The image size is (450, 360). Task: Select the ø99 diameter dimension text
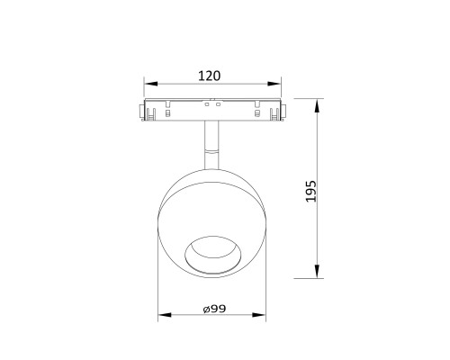click(x=214, y=309)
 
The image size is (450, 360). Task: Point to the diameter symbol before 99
click(x=205, y=310)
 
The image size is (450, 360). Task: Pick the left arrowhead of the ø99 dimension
click(x=163, y=317)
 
